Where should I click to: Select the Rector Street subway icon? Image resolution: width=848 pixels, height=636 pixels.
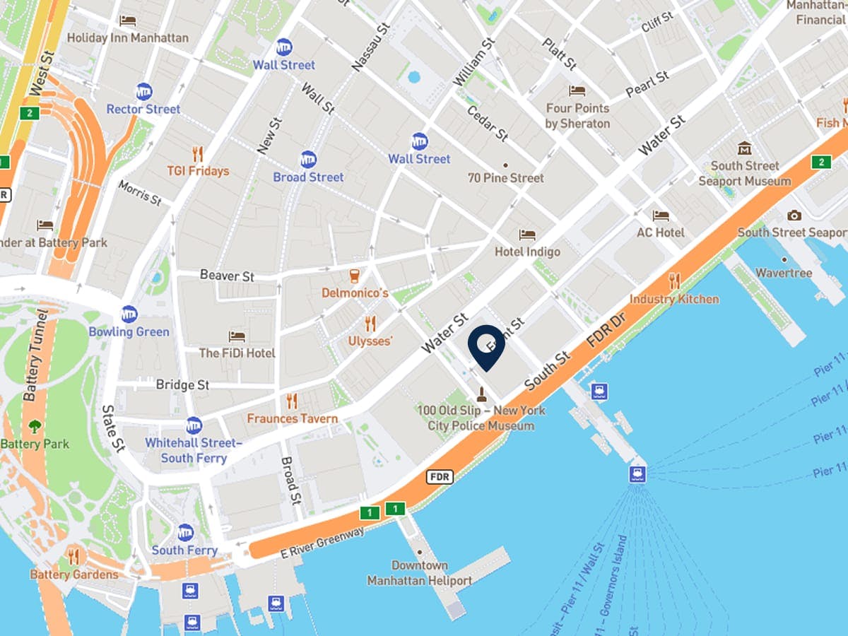click(144, 92)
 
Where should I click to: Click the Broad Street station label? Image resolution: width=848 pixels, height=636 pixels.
click(308, 177)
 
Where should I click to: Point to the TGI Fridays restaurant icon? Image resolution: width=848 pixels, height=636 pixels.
click(198, 154)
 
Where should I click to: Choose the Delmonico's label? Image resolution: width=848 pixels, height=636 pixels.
click(355, 293)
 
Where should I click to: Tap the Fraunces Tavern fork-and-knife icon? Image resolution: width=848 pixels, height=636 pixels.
click(292, 401)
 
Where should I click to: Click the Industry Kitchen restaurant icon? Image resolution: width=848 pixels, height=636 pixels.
click(674, 281)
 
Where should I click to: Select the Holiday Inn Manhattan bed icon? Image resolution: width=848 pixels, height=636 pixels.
click(128, 20)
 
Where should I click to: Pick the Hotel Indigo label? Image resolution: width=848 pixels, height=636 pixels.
click(527, 252)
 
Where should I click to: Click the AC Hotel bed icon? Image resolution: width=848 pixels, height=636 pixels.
click(661, 216)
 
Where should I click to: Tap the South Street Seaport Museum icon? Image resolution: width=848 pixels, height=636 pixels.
click(744, 148)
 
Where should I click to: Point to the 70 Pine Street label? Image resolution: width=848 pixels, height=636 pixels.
click(506, 178)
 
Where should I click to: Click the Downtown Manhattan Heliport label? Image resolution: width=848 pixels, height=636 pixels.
click(419, 573)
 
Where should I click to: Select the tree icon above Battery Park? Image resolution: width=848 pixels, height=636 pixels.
click(35, 426)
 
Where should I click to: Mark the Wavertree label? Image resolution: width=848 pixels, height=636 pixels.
click(784, 273)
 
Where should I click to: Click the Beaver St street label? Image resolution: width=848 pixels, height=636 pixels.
click(227, 275)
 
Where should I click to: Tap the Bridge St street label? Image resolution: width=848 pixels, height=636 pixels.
click(182, 385)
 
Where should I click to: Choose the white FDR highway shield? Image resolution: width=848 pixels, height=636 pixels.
click(439, 477)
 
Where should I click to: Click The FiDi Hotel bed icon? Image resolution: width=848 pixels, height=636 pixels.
click(237, 336)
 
